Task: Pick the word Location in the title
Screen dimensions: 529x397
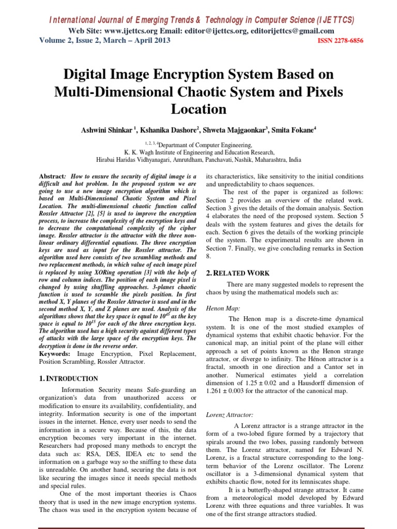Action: [198, 109]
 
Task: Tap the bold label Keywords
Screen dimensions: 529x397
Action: [55, 354]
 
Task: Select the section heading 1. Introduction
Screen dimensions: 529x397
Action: [69, 379]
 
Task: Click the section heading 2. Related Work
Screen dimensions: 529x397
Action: [237, 273]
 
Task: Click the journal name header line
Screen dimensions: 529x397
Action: [201, 20]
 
